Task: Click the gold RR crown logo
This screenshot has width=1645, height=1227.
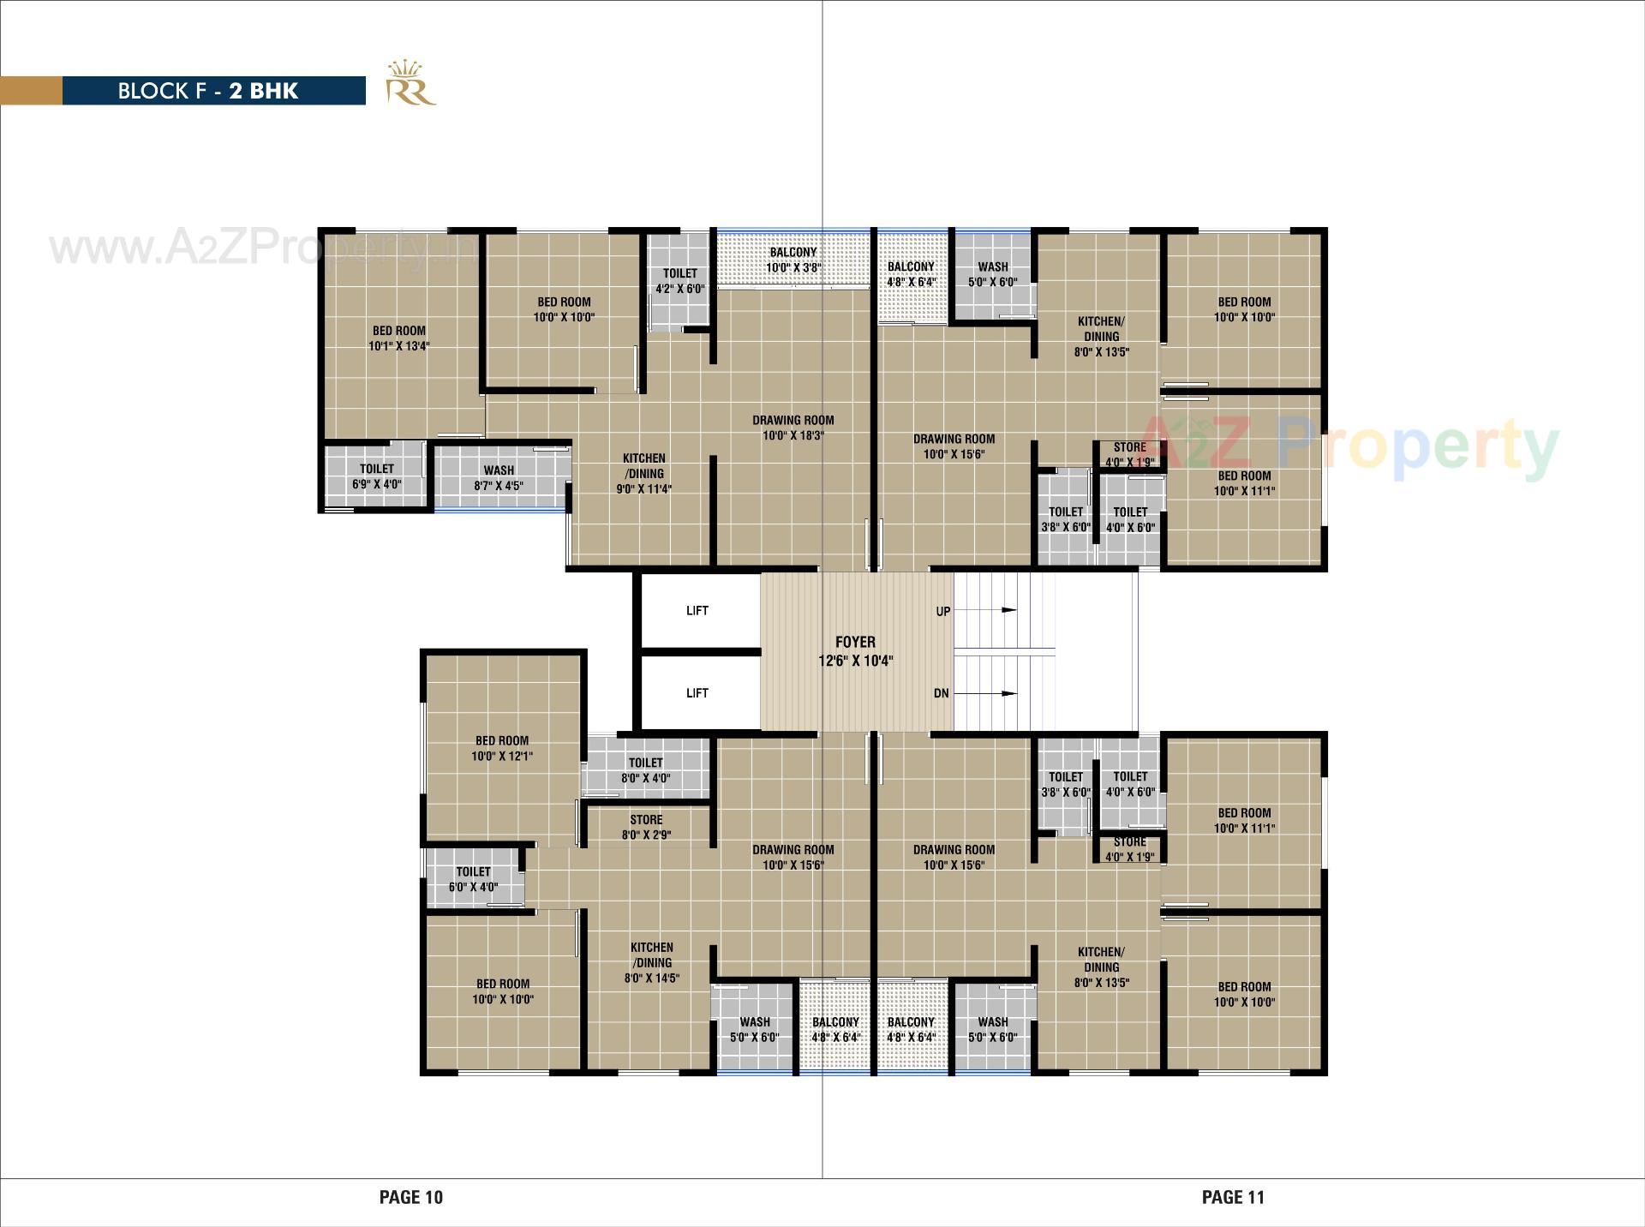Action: [x=410, y=84]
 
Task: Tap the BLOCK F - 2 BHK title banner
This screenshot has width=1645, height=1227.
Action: [x=208, y=91]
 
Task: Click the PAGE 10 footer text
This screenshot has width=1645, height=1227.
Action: [x=411, y=1197]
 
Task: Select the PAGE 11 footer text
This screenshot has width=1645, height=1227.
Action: [x=1233, y=1197]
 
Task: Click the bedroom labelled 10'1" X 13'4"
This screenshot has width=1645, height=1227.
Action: [x=399, y=338]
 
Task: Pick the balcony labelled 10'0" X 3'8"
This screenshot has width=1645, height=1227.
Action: [x=793, y=260]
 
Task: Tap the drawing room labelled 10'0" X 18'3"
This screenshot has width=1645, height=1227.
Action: [x=793, y=428]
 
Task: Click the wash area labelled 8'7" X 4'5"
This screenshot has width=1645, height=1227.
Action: [x=499, y=477]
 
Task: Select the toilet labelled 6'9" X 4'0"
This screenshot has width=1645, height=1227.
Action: [x=377, y=476]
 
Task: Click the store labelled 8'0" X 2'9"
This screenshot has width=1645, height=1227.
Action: [x=646, y=827]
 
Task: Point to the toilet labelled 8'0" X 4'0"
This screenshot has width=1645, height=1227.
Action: [x=646, y=770]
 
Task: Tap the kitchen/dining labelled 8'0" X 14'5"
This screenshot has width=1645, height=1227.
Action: [x=652, y=962]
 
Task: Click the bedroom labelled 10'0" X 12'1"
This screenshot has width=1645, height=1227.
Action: [x=502, y=748]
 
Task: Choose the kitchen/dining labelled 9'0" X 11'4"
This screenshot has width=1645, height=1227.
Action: [x=644, y=474]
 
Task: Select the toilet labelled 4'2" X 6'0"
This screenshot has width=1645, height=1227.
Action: [x=679, y=281]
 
